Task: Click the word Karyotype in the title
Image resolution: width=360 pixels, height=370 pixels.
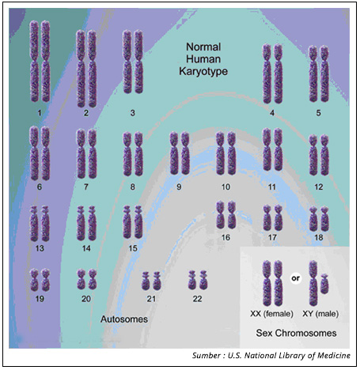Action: pyautogui.click(x=203, y=72)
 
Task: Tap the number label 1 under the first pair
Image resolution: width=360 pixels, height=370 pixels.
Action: pyautogui.click(x=40, y=113)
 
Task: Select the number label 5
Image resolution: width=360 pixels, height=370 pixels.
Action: pyautogui.click(x=319, y=113)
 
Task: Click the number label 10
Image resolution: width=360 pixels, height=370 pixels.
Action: pyautogui.click(x=225, y=187)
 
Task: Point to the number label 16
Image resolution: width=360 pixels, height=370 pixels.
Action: pyautogui.click(x=225, y=238)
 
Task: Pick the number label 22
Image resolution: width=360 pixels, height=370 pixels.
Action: pyautogui.click(x=197, y=299)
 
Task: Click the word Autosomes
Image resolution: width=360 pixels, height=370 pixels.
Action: pyautogui.click(x=124, y=319)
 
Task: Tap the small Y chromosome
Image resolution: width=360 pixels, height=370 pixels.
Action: pyautogui.click(x=324, y=284)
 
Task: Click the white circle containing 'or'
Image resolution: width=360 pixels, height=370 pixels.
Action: pyautogui.click(x=296, y=278)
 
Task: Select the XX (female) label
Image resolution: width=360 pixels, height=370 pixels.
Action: pyautogui.click(x=271, y=314)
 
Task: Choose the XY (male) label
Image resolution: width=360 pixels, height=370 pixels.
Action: pyautogui.click(x=320, y=314)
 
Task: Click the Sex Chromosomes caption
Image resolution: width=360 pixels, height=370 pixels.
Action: pyautogui.click(x=296, y=333)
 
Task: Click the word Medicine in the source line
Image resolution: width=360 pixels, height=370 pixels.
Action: pyautogui.click(x=334, y=356)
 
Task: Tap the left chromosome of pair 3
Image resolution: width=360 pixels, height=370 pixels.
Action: pyautogui.click(x=127, y=62)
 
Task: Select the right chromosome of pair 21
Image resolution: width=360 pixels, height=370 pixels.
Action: pyautogui.click(x=157, y=281)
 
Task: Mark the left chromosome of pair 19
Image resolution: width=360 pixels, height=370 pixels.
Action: pyautogui.click(x=34, y=280)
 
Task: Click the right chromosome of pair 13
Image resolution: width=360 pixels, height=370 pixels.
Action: pyautogui.click(x=45, y=224)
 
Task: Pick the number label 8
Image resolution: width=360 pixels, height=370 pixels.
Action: pyautogui.click(x=132, y=187)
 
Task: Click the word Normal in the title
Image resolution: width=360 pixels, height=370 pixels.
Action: pyautogui.click(x=203, y=47)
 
